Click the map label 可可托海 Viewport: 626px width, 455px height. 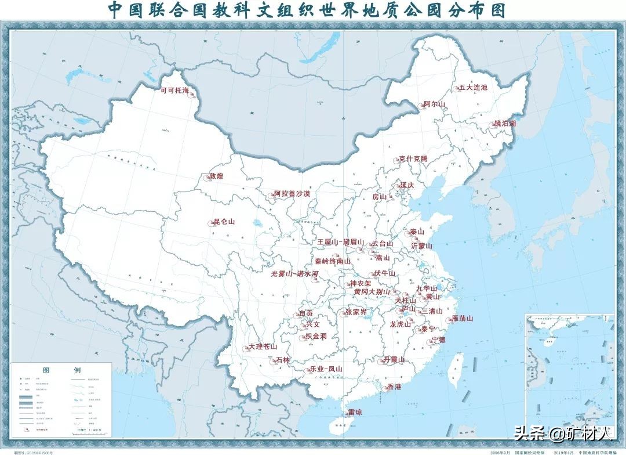tap(174, 91)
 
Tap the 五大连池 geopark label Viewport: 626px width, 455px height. tap(472, 88)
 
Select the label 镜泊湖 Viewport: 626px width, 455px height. tap(504, 124)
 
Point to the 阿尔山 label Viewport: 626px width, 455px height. tap(434, 104)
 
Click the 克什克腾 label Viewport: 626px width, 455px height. tap(412, 159)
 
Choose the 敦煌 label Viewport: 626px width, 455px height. tap(216, 176)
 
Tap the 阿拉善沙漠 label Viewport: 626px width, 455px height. tap(292, 193)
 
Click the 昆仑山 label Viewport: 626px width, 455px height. tap(224, 222)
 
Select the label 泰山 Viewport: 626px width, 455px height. tap(417, 231)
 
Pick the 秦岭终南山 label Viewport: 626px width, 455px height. tap(333, 261)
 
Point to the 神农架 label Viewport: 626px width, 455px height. tap(360, 284)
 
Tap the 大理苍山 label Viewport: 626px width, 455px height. tap(263, 346)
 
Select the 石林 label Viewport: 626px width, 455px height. tap(282, 360)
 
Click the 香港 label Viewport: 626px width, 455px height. tap(394, 387)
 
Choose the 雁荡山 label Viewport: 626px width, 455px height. tap(462, 318)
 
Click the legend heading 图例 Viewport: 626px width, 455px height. tap(61, 370)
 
